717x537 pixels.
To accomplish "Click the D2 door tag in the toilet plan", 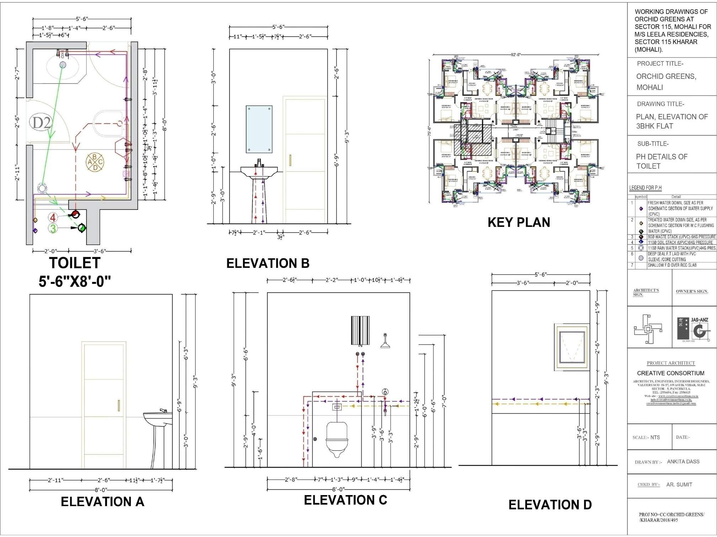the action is [x=42, y=123].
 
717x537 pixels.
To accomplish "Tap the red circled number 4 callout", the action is [x=53, y=217].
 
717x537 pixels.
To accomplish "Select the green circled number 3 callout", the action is [x=53, y=228].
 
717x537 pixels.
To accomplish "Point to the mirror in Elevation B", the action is [x=259, y=129].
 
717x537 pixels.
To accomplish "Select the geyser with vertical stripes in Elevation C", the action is [x=360, y=331].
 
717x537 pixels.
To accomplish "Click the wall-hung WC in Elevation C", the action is [x=336, y=439].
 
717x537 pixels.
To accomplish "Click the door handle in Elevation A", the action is [x=119, y=405].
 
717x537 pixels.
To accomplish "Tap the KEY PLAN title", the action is [x=519, y=222].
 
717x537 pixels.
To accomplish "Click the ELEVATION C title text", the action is [x=345, y=500].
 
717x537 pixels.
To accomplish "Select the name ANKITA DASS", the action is [x=683, y=462].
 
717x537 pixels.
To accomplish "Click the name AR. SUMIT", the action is [x=679, y=484].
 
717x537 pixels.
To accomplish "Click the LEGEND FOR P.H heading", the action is [x=645, y=188].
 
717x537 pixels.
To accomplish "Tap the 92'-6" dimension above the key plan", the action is [x=516, y=55].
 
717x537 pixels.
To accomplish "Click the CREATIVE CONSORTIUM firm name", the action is [x=670, y=373].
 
